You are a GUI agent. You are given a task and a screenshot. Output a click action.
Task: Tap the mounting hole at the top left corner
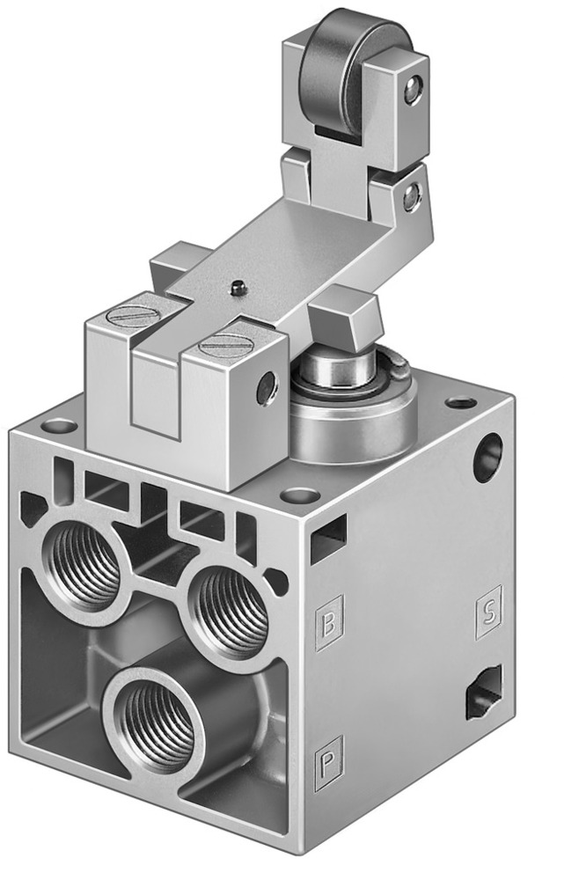tap(60, 427)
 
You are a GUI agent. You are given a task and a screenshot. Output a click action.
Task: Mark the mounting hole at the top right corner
tap(460, 403)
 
